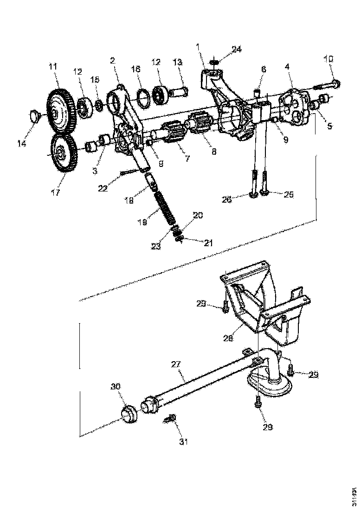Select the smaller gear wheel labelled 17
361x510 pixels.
[63, 153]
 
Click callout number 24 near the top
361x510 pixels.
[237, 49]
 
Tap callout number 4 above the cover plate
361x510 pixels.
[288, 67]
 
